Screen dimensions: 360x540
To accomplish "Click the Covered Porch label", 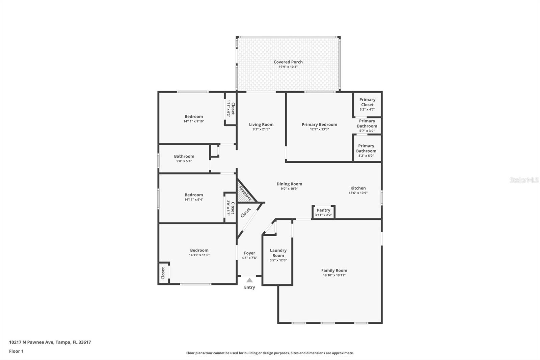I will pos(288,62).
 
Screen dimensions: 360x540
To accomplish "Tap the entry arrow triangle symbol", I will pos(249,280).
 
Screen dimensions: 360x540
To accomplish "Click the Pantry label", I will pos(323,210).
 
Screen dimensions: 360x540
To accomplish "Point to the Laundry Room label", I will pos(278,253).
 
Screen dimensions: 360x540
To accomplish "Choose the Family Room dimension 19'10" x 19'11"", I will pos(334,275).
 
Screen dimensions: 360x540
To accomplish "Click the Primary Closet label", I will pos(367,102).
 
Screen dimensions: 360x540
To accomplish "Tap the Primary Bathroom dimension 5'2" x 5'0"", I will pos(366,156).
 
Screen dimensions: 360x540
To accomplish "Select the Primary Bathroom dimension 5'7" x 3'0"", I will pos(367,131).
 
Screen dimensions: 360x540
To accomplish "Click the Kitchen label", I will pos(358,188).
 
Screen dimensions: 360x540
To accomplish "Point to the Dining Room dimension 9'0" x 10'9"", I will pos(289,189).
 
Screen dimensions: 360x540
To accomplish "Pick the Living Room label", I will pos(261,125).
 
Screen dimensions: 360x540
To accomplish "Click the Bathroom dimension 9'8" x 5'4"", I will pos(184,161).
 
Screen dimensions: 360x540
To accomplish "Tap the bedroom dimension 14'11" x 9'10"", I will pos(194,121).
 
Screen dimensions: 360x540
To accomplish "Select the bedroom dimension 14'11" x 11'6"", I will pos(199,255).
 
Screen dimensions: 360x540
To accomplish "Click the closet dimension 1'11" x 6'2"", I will pos(228,108).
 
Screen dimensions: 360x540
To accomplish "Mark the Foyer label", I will pos(249,253).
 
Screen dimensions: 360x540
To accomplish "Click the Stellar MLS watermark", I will pos(524,180).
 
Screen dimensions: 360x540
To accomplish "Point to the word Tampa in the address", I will pos(62,342).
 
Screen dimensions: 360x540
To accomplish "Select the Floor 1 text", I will pos(16,351).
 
